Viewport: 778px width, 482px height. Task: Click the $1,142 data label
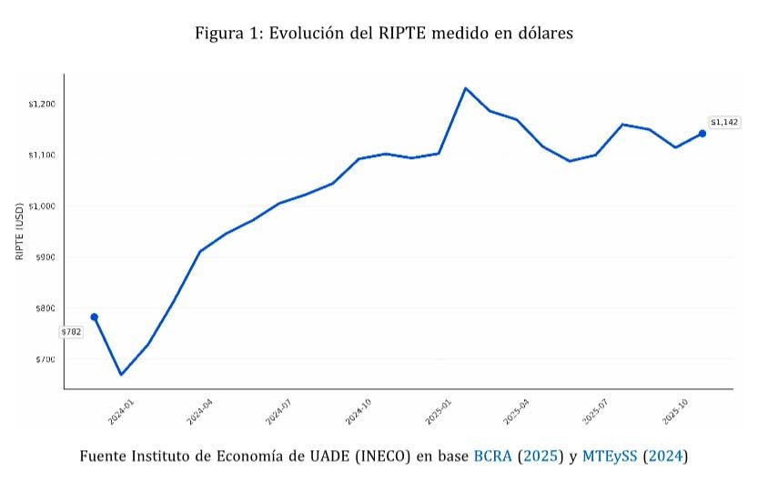point(724,122)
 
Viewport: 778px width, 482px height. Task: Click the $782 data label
point(71,332)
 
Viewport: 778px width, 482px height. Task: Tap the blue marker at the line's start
point(94,316)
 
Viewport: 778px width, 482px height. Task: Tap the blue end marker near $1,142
point(702,134)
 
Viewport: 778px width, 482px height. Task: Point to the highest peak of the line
point(466,88)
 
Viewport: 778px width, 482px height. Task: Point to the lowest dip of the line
point(121,374)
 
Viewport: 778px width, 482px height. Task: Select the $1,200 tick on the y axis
point(43,105)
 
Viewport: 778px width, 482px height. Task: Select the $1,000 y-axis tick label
point(43,206)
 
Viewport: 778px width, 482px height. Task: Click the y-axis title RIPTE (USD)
point(19,231)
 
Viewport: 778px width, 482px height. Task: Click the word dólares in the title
point(544,34)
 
